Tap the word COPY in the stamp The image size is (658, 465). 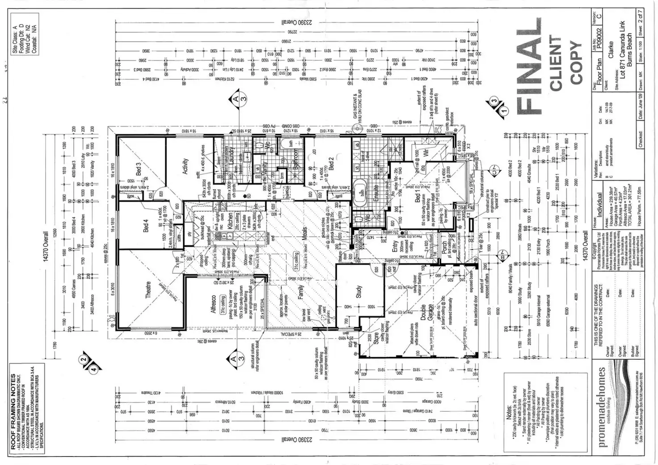[x=575, y=63]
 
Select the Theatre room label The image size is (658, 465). [x=148, y=289]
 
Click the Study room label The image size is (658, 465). [x=359, y=292]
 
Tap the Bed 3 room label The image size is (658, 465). [x=138, y=170]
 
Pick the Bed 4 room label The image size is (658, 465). [x=146, y=226]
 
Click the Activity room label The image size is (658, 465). [x=185, y=166]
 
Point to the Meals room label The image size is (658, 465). [x=304, y=234]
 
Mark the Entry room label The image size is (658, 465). [x=395, y=247]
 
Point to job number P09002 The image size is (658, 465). [x=600, y=37]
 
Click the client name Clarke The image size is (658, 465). [x=611, y=50]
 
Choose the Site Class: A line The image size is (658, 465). [x=15, y=39]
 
